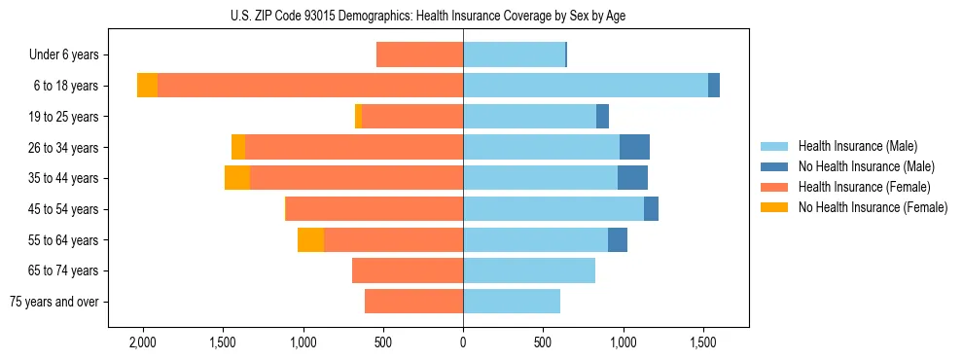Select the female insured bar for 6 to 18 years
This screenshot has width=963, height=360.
click(309, 86)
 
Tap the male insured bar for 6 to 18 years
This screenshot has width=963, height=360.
click(585, 86)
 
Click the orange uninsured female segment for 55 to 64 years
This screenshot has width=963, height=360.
click(310, 240)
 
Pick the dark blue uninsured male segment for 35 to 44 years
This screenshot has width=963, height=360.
click(632, 178)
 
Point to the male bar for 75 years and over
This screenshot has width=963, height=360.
click(512, 302)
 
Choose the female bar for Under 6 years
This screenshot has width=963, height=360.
click(419, 55)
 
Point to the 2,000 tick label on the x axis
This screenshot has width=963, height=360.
click(143, 342)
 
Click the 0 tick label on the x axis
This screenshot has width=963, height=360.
click(463, 342)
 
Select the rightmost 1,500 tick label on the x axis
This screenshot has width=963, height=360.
click(703, 342)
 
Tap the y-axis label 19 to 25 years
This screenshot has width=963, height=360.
click(65, 117)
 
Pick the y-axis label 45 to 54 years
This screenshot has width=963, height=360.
click(65, 209)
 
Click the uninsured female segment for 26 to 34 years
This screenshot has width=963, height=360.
click(238, 148)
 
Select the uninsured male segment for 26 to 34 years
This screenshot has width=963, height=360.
click(634, 148)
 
